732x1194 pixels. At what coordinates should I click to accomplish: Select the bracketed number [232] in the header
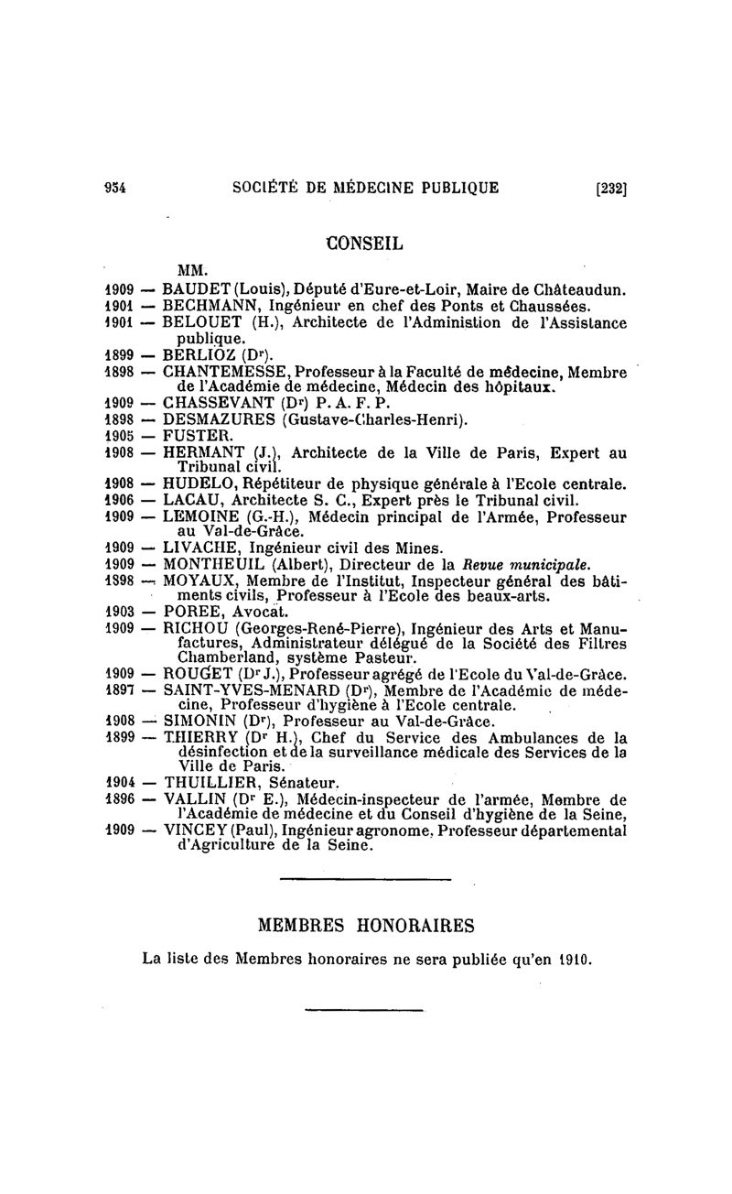click(610, 190)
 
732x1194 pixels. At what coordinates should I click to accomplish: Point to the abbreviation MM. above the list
click(192, 270)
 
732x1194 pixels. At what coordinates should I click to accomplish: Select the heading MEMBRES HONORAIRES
click(366, 925)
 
